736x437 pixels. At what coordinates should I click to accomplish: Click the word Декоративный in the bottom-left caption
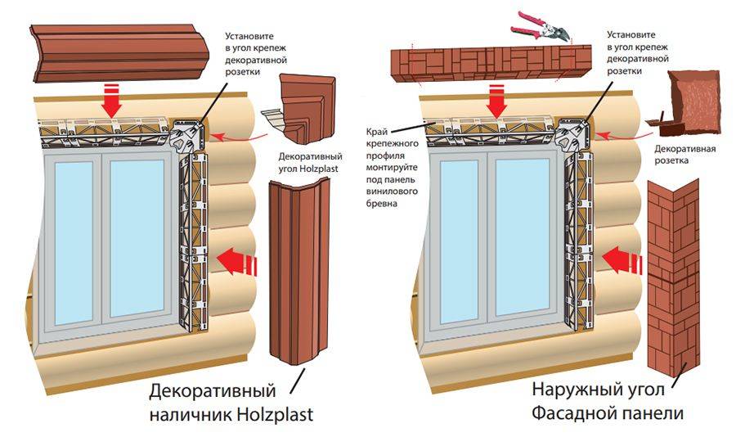213,387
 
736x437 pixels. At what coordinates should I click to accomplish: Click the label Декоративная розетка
684,155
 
